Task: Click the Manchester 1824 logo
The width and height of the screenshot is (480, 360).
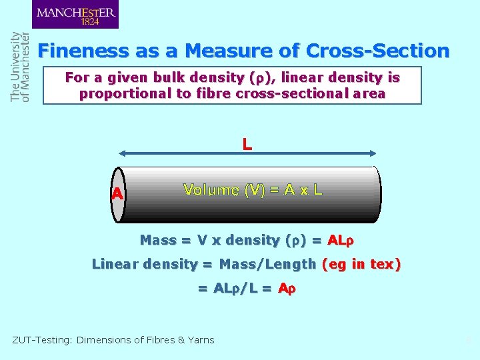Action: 75,15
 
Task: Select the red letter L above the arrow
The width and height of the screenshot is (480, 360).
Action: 247,143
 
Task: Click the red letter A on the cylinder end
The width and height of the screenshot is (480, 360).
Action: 117,194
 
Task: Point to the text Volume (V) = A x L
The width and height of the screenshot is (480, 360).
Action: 253,190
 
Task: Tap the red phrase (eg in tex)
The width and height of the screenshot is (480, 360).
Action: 361,264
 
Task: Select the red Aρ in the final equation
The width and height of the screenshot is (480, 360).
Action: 287,289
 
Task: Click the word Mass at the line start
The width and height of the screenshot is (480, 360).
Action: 158,240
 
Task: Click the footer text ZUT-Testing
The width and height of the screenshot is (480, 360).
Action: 42,340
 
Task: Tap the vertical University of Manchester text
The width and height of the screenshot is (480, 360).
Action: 21,67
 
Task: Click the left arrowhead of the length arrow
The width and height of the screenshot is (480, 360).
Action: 123,155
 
